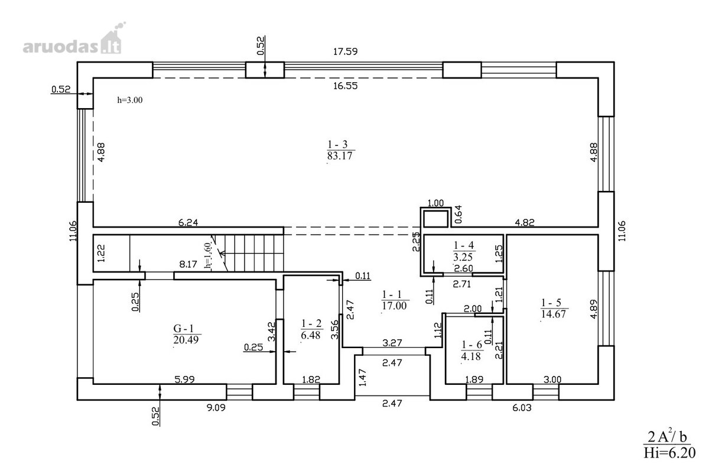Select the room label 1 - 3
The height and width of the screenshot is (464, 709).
tap(337, 145)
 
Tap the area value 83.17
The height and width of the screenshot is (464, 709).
tap(340, 156)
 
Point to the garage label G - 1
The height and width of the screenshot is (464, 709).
tap(183, 328)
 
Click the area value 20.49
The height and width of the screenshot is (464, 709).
tap(186, 340)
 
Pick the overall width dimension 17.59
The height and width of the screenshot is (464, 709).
tap(345, 51)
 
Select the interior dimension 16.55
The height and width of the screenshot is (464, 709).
tap(345, 86)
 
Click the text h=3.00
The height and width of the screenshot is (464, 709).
tap(130, 100)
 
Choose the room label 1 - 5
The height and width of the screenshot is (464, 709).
tap(551, 303)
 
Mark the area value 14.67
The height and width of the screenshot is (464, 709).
tap(553, 314)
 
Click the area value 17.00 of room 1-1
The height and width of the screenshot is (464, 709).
tap(394, 306)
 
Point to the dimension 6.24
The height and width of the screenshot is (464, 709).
tap(188, 223)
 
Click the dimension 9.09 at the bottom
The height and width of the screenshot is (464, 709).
tap(216, 408)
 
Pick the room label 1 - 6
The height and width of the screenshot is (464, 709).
tap(471, 345)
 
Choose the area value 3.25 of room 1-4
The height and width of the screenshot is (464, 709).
tap(463, 257)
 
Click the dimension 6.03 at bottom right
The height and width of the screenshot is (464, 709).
tap(522, 408)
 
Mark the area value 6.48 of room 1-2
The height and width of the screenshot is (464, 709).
tap(311, 335)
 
